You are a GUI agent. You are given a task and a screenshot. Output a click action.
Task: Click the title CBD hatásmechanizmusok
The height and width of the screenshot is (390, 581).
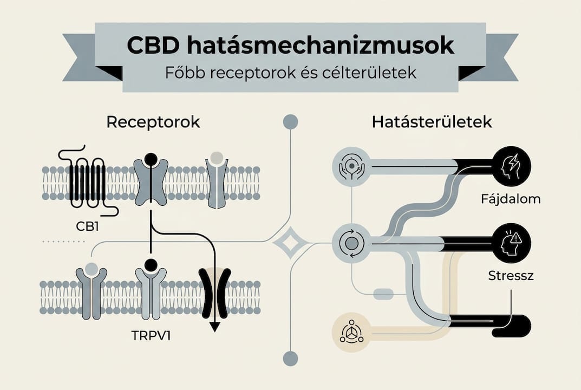pos(290,45)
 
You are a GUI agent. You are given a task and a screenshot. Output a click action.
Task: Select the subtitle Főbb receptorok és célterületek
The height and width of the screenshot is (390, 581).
pos(290,73)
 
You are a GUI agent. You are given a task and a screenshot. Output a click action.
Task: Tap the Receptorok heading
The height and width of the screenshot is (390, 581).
pos(153,122)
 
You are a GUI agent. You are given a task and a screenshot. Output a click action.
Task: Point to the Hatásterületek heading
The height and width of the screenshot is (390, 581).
pos(432,122)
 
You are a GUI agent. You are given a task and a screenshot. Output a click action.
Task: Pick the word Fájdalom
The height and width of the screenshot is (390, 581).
pos(510,199)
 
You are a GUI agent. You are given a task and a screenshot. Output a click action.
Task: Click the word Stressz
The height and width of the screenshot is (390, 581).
pos(511,276)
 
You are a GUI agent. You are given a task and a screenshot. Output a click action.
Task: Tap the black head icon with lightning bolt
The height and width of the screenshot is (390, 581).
pos(512,165)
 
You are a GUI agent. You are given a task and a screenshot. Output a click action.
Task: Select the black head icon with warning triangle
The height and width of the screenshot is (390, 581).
pos(512,242)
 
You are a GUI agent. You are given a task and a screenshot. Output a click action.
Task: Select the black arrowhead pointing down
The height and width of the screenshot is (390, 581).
pos(215,327)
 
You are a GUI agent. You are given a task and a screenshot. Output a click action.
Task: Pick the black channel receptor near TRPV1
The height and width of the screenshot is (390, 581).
pos(215,292)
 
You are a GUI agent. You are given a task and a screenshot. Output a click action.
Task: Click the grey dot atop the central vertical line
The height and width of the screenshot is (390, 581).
pos(291,122)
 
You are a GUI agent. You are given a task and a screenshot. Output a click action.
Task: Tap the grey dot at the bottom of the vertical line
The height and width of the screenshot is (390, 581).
pos(291,358)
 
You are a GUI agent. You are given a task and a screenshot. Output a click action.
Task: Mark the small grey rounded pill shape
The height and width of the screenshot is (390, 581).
pos(383,294)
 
